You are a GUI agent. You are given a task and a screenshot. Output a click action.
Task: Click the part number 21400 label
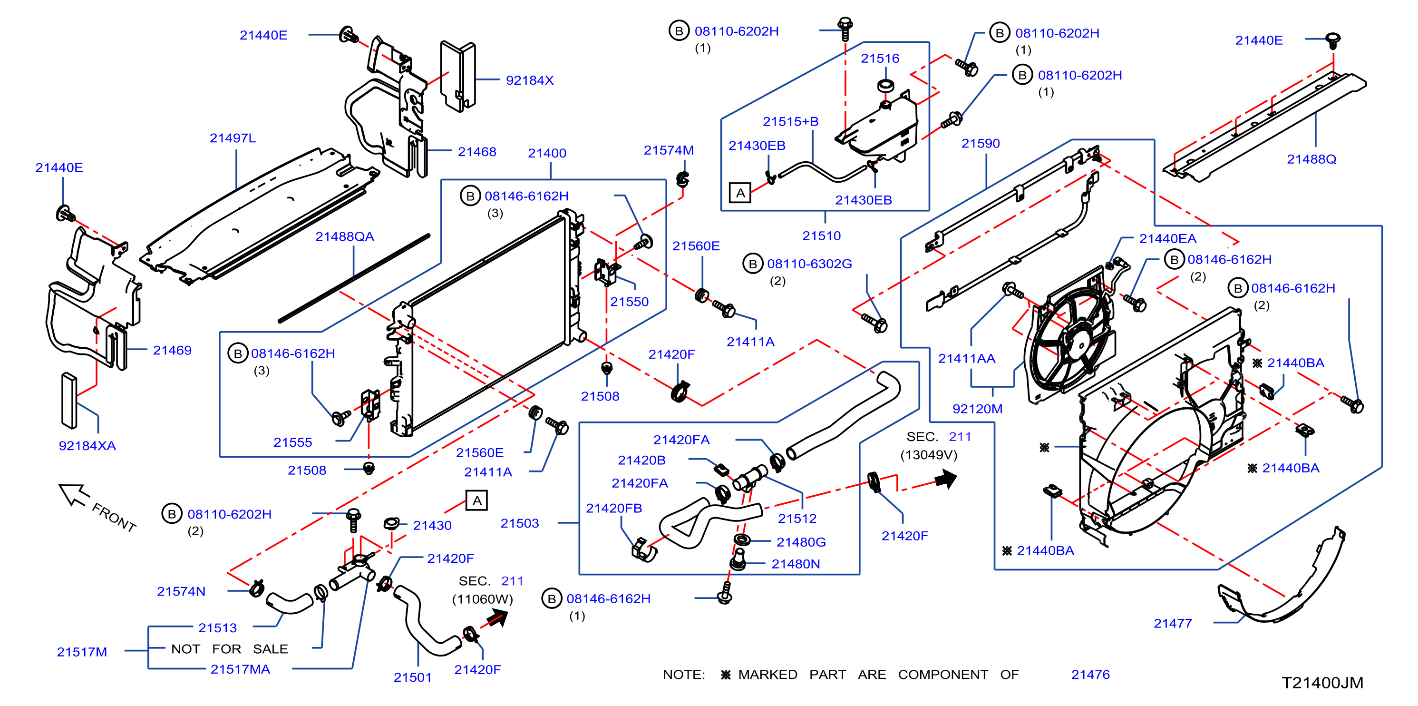547,153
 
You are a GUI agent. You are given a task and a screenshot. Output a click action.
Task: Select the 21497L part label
233,138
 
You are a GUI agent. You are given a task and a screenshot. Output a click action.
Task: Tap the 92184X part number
530,80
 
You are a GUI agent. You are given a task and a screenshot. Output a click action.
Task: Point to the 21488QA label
345,237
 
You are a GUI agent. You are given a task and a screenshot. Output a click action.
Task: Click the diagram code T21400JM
1322,683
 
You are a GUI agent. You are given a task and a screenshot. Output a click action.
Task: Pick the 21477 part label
1173,623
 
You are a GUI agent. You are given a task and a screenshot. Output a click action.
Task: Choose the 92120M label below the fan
977,409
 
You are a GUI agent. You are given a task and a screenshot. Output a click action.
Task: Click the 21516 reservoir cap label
880,59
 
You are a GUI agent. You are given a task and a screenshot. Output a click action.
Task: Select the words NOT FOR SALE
230,649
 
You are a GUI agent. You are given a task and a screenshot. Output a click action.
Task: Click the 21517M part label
81,652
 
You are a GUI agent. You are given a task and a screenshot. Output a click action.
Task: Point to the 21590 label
980,144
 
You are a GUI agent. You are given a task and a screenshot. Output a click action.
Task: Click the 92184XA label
87,446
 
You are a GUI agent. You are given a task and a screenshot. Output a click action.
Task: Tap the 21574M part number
668,150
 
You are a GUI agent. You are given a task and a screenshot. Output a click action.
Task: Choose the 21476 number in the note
1090,675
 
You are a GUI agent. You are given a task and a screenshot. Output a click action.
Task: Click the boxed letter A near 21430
476,500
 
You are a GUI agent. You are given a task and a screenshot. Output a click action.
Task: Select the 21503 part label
519,523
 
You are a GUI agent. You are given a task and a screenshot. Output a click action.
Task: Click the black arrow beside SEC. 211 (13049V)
946,479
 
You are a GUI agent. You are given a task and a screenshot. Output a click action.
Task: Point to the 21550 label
629,302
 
